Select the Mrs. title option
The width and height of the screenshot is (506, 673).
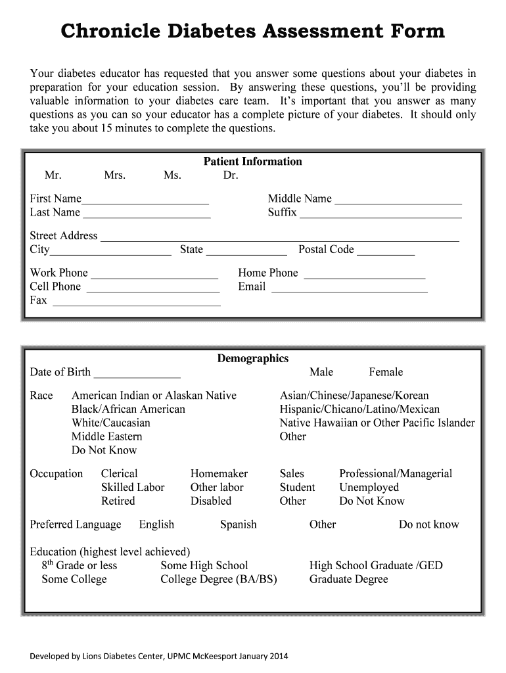click(114, 175)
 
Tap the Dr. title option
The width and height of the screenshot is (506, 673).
click(231, 175)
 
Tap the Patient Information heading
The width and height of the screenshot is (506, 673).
click(253, 162)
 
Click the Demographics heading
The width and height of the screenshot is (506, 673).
click(253, 358)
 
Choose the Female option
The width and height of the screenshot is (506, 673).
click(386, 372)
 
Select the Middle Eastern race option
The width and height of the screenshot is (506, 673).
click(106, 436)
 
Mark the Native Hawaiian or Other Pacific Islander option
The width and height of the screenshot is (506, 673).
click(377, 423)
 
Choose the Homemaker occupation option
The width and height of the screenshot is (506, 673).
click(219, 474)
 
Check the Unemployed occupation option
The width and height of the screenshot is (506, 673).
click(369, 488)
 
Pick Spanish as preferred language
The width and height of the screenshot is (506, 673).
click(239, 524)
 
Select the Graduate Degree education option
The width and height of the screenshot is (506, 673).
click(348, 579)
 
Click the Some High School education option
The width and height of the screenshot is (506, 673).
click(204, 565)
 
